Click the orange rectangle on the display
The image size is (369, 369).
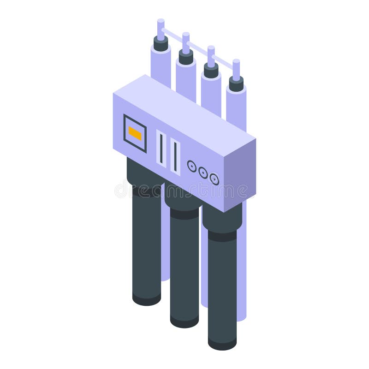(135, 133)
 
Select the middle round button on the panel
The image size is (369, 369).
(203, 172)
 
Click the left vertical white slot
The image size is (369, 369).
(161, 148)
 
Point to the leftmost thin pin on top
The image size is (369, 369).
(161, 29)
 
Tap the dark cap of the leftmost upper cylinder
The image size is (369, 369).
(161, 44)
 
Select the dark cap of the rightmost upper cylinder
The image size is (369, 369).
(236, 84)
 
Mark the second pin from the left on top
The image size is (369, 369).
(186, 42)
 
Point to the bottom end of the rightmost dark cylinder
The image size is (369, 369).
(222, 343)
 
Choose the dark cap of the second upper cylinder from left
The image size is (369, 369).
(186, 58)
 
